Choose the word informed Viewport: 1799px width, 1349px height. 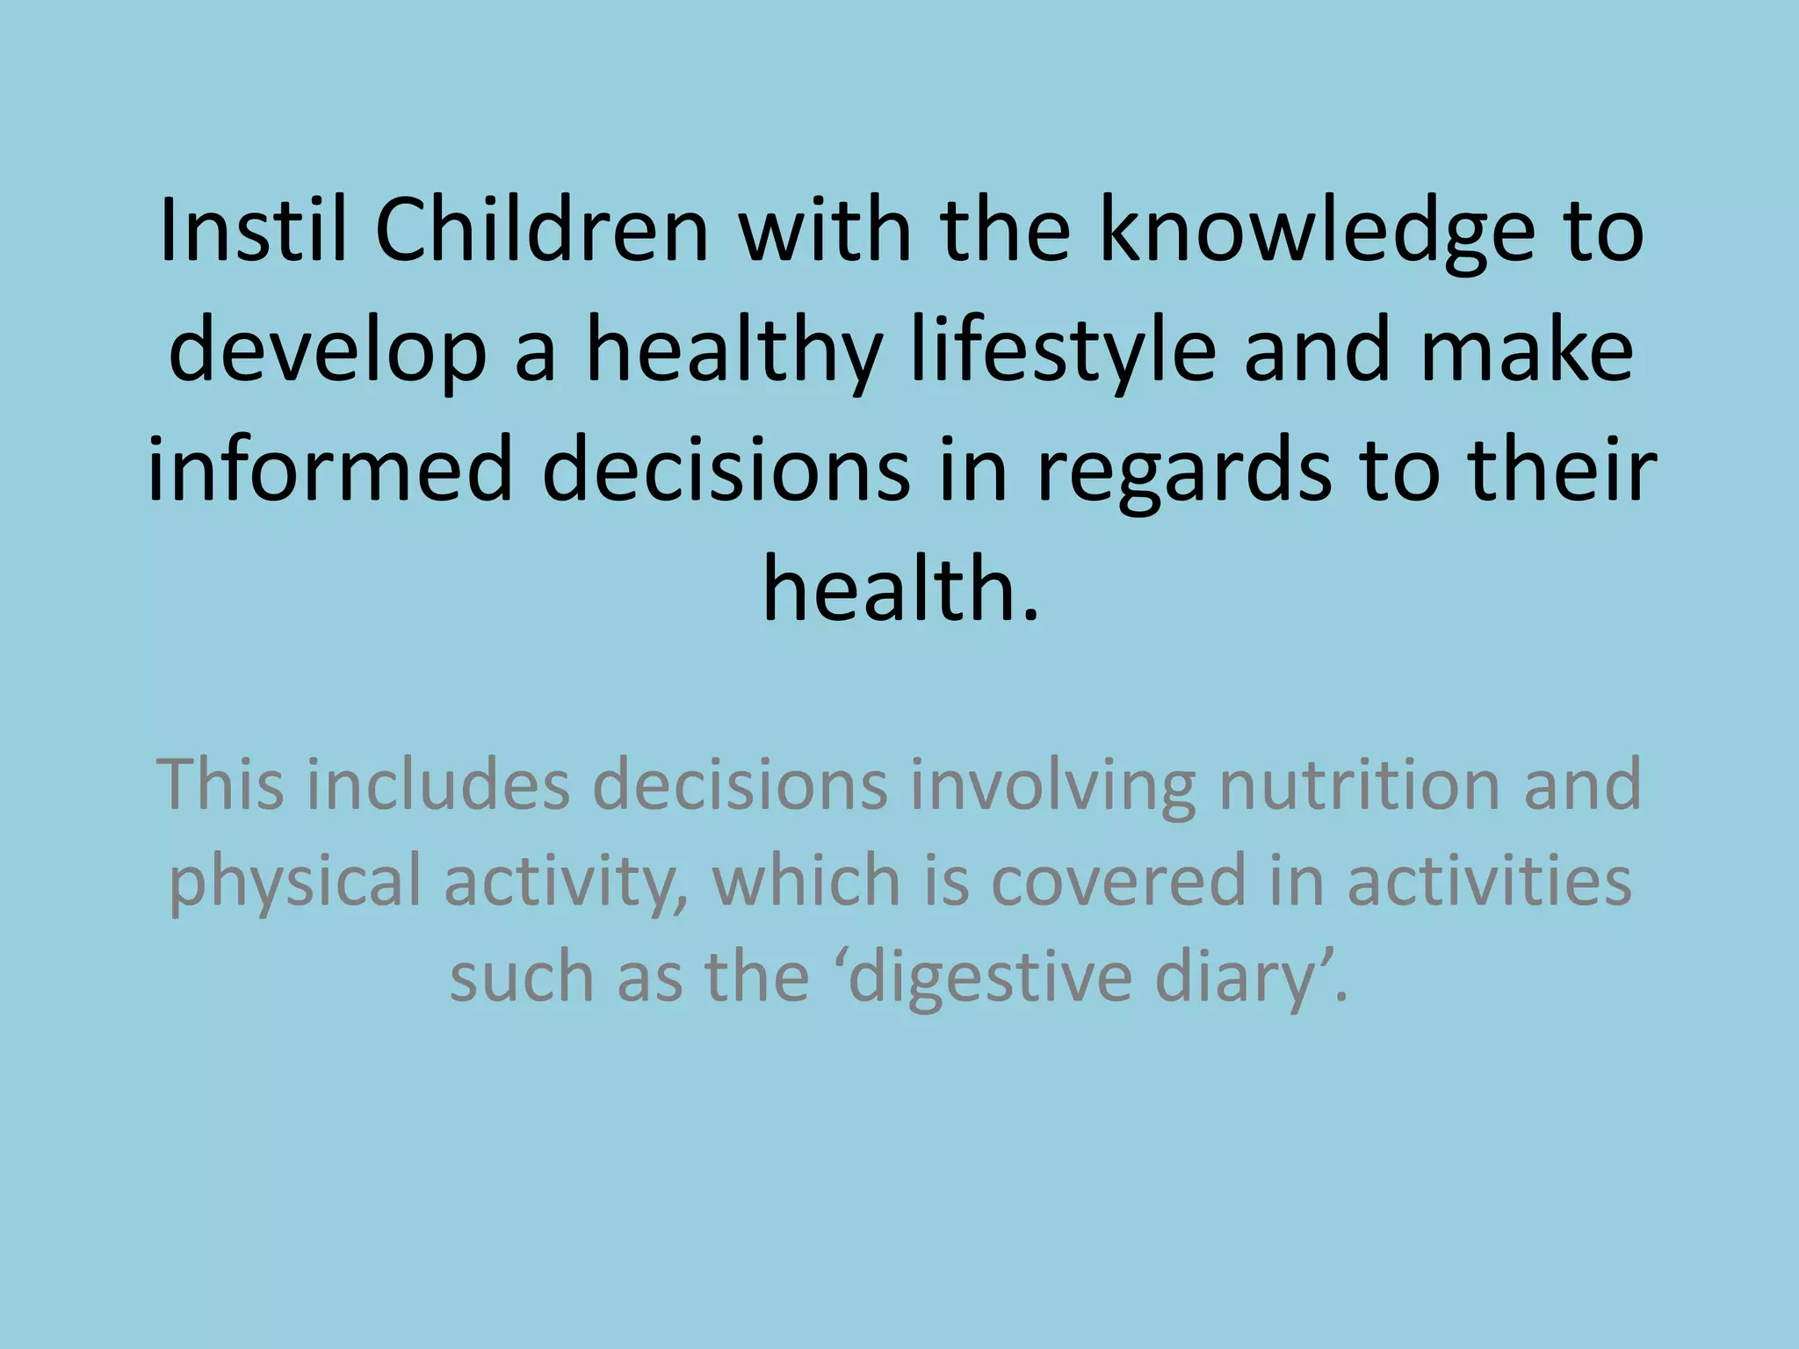click(x=330, y=470)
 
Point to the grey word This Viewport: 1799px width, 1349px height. click(x=220, y=784)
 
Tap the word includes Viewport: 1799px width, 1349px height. click(x=438, y=784)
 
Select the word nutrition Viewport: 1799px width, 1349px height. click(x=1358, y=784)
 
